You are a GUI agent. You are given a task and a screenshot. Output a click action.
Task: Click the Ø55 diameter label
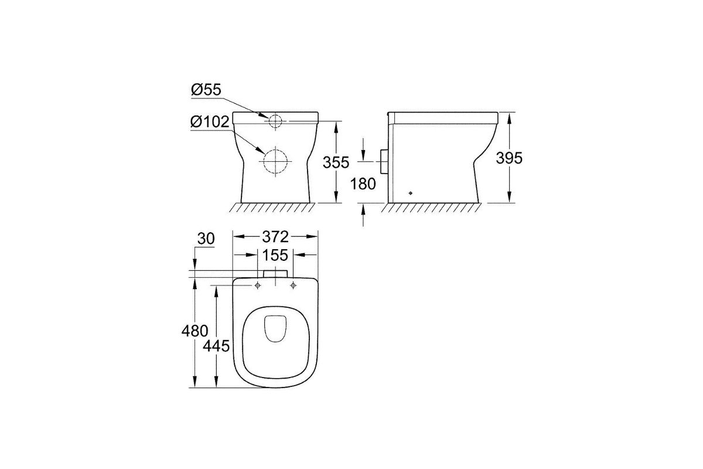pos(206,90)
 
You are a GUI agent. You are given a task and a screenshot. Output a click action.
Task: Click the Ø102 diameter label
pos(210,121)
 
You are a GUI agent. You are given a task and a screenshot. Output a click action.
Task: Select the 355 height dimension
pos(336,162)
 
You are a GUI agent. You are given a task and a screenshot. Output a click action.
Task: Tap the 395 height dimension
pos(509,158)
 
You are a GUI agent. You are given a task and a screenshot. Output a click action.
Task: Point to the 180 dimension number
pos(363,183)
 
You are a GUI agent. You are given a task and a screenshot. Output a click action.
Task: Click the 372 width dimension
pos(275,237)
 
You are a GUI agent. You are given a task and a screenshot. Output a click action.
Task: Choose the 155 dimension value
pos(275,255)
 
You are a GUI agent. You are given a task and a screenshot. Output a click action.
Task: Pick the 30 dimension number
pos(206,239)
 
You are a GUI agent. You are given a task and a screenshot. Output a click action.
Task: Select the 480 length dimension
pos(194,331)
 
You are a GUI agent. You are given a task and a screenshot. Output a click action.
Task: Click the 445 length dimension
pos(216,346)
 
